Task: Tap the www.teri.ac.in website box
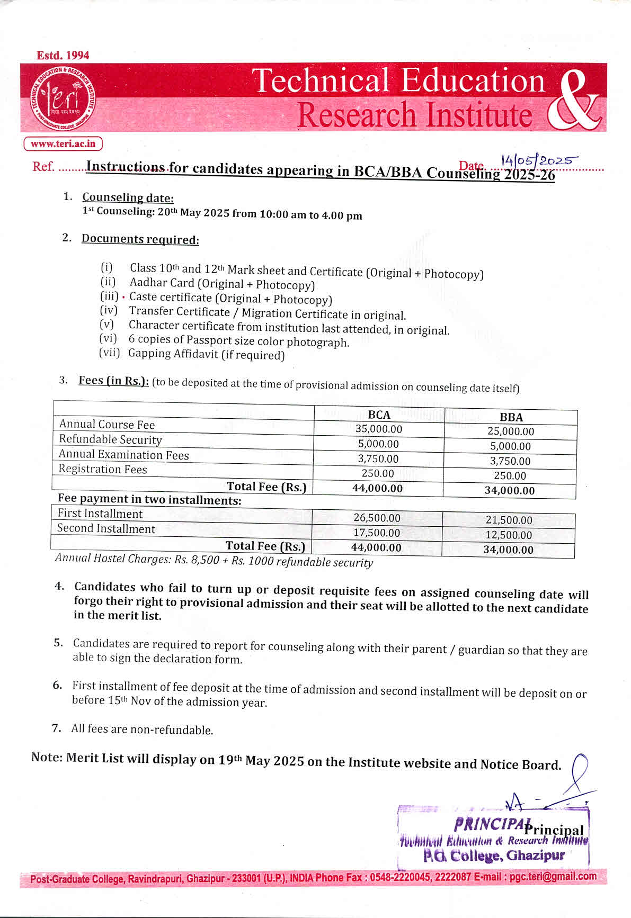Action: click(x=63, y=143)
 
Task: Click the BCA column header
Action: click(x=379, y=415)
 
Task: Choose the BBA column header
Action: click(x=511, y=417)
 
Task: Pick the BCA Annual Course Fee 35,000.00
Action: click(x=379, y=429)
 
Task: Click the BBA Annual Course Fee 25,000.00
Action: click(x=511, y=431)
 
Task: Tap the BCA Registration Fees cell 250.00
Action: click(x=378, y=473)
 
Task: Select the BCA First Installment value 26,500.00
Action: click(x=377, y=518)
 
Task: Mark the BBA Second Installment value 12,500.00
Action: click(x=509, y=535)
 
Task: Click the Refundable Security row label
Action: click(x=110, y=439)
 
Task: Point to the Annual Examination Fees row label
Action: click(x=123, y=454)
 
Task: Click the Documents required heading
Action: click(x=140, y=239)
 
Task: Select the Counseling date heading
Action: click(x=128, y=197)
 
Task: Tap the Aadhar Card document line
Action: click(x=222, y=284)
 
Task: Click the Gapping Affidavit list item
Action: click(x=206, y=354)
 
